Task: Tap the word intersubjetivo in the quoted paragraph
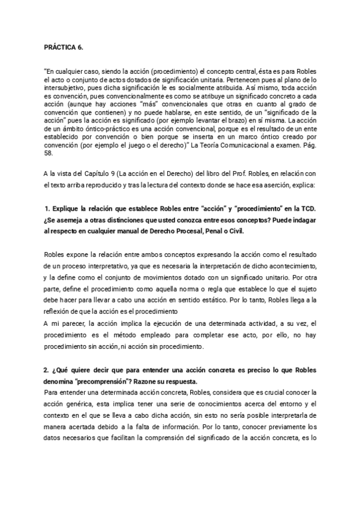coord(63,86)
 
